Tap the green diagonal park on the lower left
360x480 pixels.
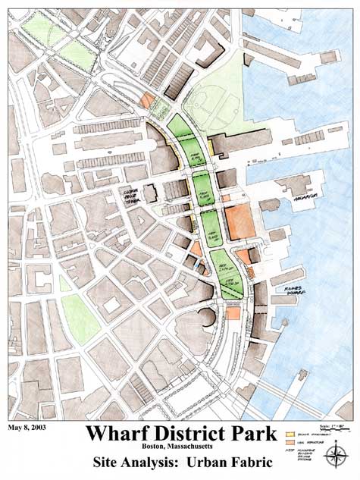80,318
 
